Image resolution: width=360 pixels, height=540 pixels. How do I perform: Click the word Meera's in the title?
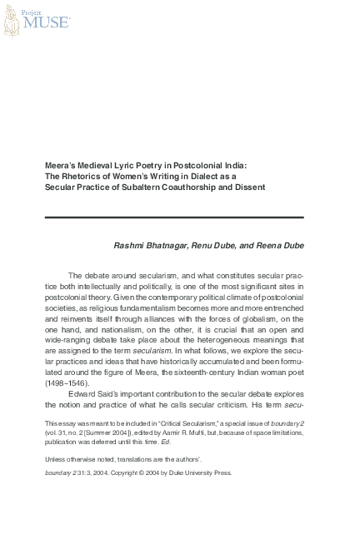[x=60, y=164]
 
